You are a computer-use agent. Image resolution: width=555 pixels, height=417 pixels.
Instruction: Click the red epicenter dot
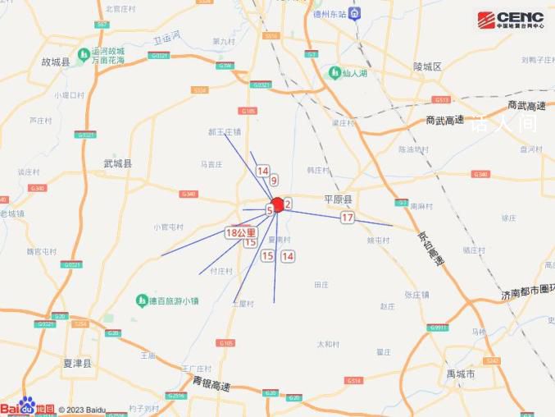click(x=278, y=205)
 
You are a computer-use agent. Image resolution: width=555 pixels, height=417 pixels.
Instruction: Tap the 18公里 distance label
click(x=241, y=233)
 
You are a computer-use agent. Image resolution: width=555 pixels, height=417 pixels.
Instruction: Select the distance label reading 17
click(x=348, y=218)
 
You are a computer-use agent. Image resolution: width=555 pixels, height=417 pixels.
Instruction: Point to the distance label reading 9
click(x=274, y=180)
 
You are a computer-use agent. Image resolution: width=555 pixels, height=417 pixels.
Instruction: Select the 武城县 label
click(x=117, y=163)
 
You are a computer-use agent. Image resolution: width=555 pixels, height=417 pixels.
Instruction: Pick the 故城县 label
click(x=56, y=62)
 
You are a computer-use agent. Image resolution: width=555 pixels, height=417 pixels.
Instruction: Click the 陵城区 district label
click(x=427, y=66)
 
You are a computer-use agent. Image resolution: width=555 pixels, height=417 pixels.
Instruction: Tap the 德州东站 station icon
click(x=355, y=13)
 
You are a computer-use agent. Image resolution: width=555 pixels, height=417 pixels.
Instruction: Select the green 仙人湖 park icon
click(x=334, y=72)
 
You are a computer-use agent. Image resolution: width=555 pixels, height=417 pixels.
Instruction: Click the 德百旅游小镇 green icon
click(x=142, y=301)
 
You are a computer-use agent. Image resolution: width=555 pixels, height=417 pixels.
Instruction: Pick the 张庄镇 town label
click(x=418, y=294)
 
